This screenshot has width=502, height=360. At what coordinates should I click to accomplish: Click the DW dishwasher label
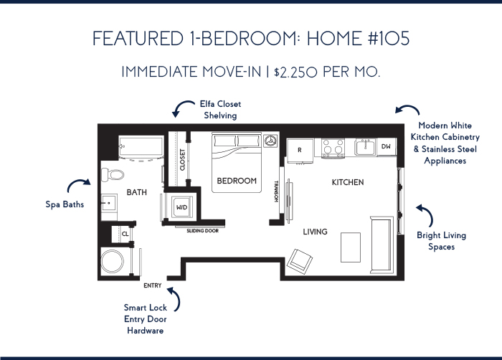pos(386,146)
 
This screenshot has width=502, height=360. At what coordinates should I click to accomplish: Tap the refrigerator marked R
pos(300,151)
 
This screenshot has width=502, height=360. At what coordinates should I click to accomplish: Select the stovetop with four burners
pos(333,148)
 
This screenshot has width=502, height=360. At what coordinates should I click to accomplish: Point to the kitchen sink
pos(365,147)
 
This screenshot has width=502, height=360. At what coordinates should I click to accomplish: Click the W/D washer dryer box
pos(182,207)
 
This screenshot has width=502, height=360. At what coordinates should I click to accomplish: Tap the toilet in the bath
pos(113,175)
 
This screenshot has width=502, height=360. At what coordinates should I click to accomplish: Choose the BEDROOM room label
pos(237,181)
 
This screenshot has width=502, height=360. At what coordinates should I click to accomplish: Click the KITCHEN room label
pos(348,182)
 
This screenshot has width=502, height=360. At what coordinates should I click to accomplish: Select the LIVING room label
pos(315,232)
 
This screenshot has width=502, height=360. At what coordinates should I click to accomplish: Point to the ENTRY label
pos(152,285)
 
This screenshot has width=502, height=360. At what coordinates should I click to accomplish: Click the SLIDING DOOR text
pos(202,231)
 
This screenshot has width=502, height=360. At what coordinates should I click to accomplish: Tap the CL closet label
pos(126,234)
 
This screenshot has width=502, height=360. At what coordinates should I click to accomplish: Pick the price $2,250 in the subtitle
pos(295,72)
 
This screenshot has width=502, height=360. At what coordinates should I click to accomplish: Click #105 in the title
pos(389,39)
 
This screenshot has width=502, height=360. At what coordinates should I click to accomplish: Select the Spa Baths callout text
pos(65,204)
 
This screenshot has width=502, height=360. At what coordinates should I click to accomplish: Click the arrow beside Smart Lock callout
pos(174,298)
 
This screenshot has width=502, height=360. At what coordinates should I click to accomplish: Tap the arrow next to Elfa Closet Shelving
pos(182,107)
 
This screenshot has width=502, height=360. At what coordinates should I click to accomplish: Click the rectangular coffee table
pos(351,247)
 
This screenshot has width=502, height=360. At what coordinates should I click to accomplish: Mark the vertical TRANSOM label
pos(276,191)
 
